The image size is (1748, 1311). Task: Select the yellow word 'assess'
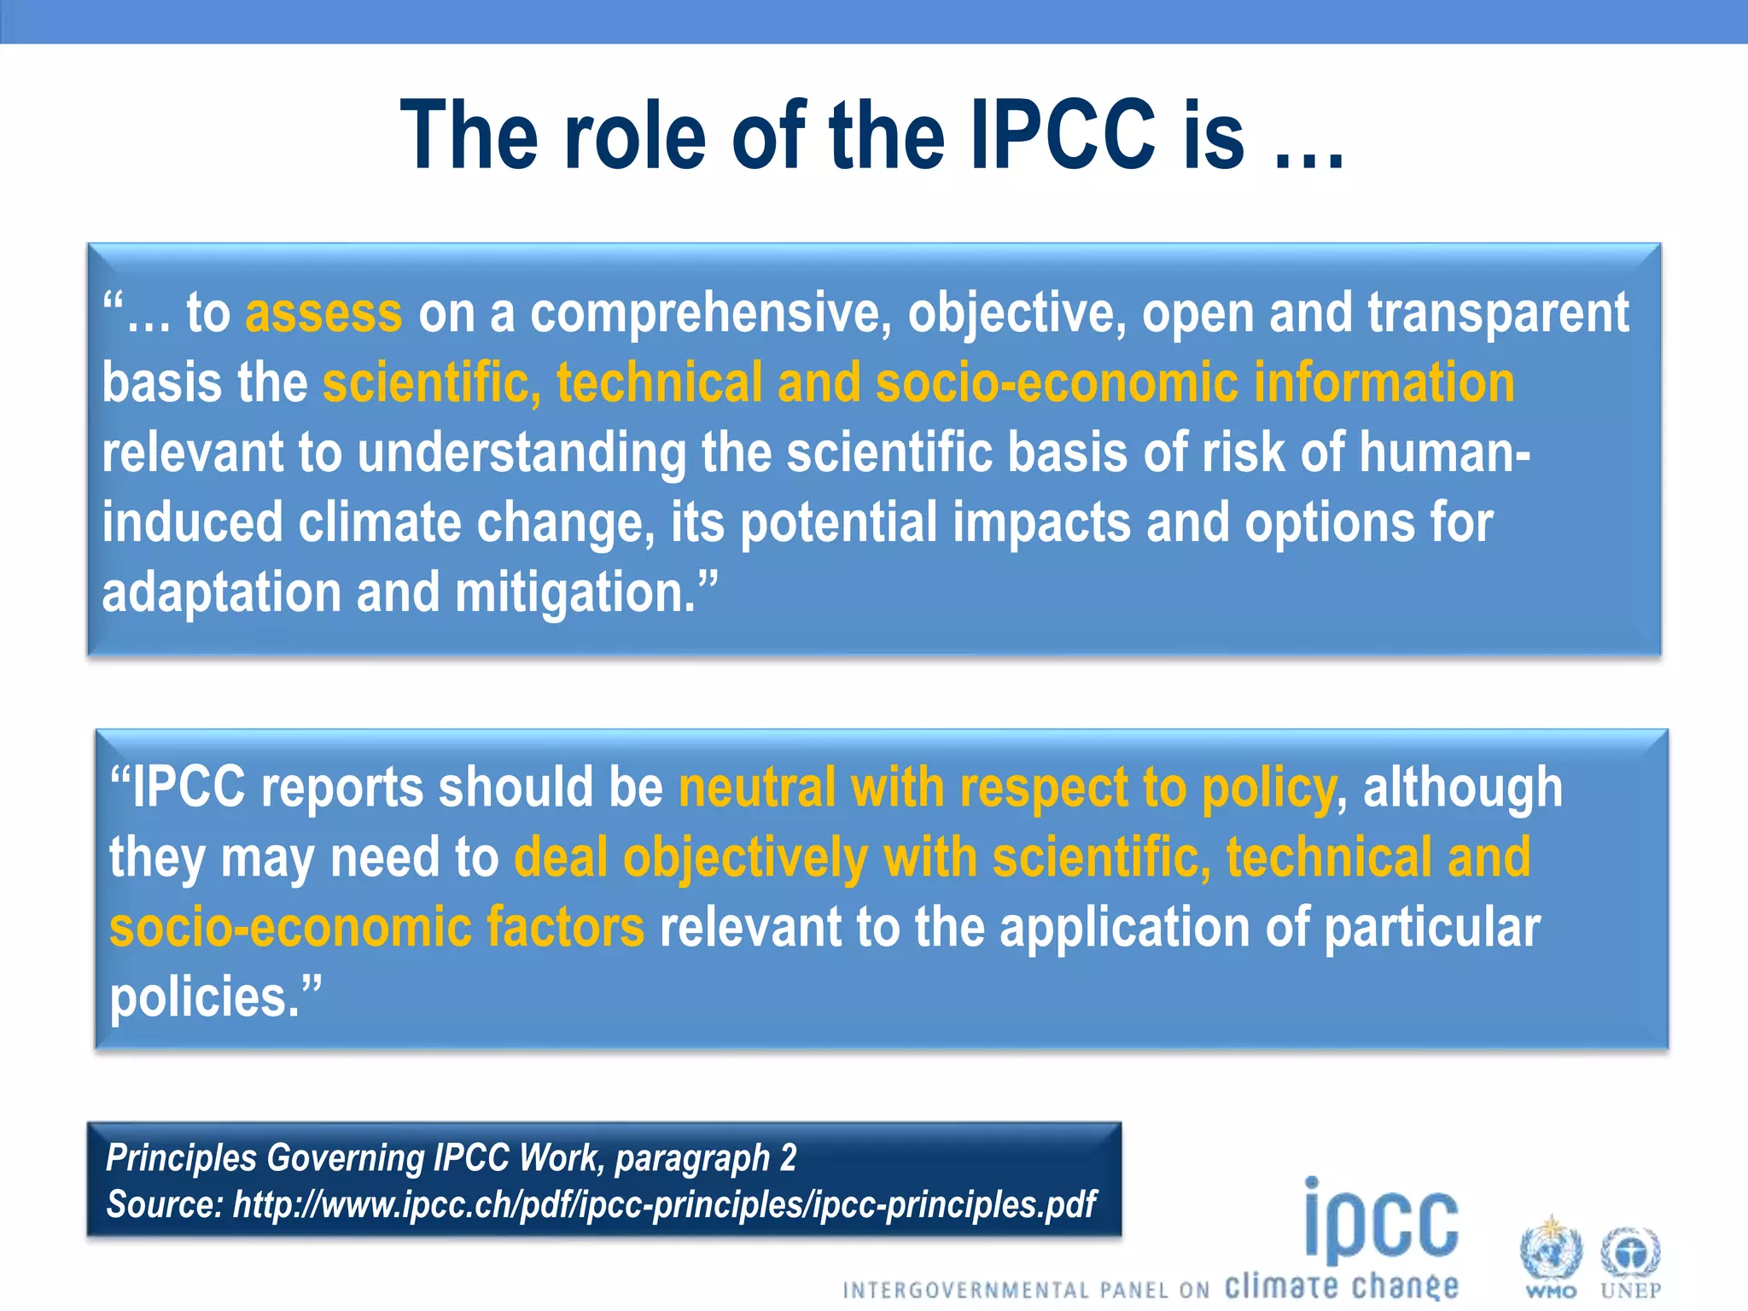(323, 313)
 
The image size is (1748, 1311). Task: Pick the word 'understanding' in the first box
(521, 452)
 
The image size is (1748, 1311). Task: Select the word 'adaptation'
(222, 592)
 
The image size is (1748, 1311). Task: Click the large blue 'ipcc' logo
(1381, 1221)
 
